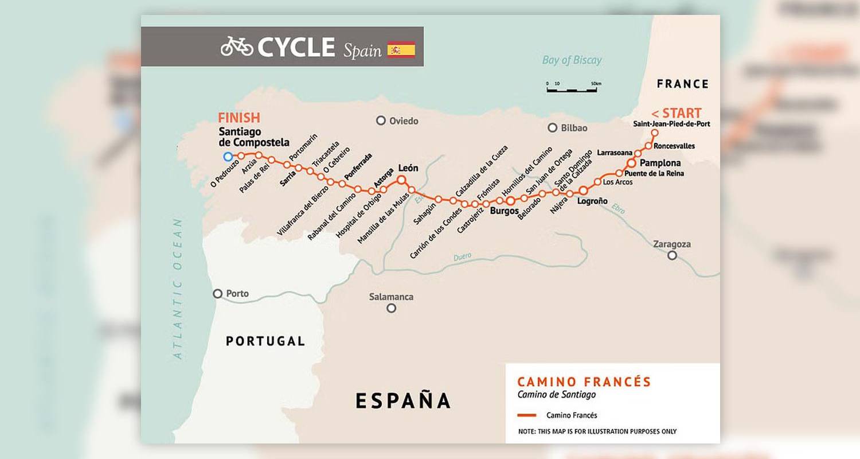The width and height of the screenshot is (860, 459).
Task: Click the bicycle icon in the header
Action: point(237,46)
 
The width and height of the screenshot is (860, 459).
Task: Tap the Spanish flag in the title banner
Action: point(401,49)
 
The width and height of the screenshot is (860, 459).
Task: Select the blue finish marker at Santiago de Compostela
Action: point(228,157)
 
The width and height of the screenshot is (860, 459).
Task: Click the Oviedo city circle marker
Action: point(381,120)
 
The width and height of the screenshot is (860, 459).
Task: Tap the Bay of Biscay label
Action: point(572,60)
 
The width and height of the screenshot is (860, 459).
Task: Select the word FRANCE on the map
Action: point(682,84)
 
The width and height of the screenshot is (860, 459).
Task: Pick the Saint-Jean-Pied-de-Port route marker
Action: point(654,133)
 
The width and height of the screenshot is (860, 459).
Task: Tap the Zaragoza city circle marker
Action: point(672,255)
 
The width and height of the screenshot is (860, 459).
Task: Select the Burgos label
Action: point(505,211)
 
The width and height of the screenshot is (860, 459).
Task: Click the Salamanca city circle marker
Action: point(392,308)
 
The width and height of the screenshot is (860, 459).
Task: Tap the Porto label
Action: point(237,294)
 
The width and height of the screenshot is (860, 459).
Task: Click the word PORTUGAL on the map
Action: point(265,341)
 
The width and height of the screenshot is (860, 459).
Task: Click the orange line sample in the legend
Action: point(526,415)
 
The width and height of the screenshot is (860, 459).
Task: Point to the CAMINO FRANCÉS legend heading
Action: point(584,382)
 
